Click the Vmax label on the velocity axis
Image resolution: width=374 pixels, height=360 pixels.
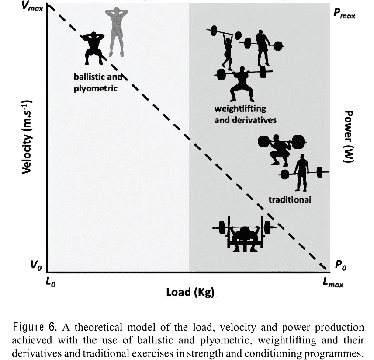pos(32,7)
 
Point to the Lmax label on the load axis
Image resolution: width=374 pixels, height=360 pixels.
pos(333,283)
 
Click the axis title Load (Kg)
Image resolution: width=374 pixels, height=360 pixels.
pos(190,292)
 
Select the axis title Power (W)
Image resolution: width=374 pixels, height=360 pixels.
pos(348,136)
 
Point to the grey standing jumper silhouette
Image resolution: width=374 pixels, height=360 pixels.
pos(116,33)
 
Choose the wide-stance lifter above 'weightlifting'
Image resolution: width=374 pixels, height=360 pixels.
pos(242,83)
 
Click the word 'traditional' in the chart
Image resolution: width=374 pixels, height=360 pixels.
pos(290,199)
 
